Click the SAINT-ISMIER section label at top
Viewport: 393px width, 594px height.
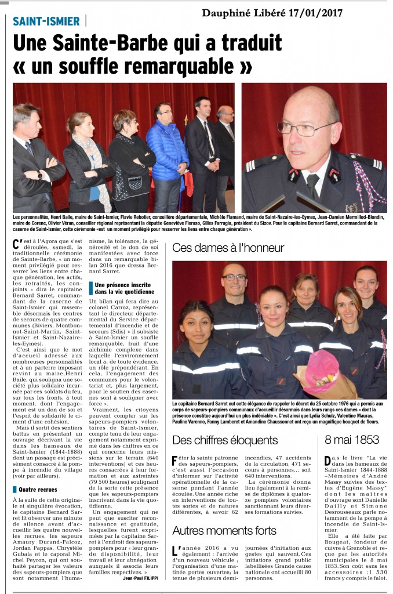pyautogui.click(x=46, y=21)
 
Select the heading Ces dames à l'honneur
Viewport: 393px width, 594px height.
pyautogui.click(x=228, y=248)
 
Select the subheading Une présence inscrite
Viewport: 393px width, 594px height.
pyautogui.click(x=123, y=285)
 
